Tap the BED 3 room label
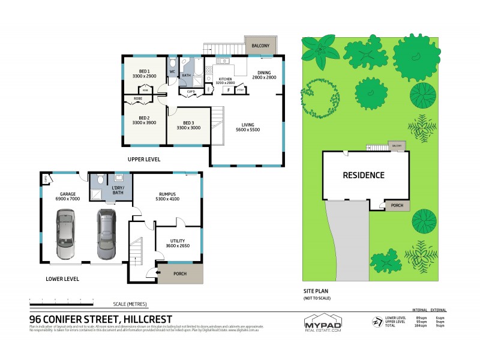click(x=188, y=125)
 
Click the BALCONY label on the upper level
click(x=260, y=46)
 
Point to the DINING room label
click(x=263, y=75)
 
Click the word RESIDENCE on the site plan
click(x=363, y=175)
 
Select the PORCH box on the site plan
click(x=397, y=205)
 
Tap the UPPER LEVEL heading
click(x=143, y=159)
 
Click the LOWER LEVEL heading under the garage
click(x=62, y=279)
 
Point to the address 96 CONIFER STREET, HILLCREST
click(x=101, y=319)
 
